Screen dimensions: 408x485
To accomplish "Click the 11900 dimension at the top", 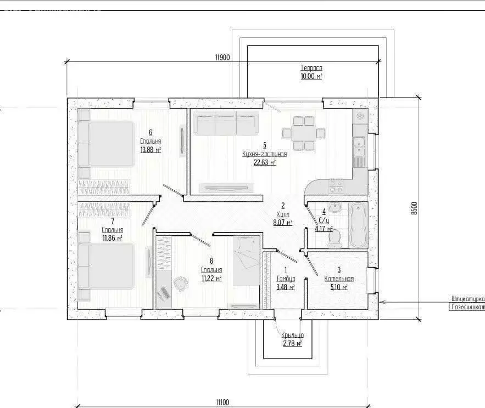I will (x=222, y=58).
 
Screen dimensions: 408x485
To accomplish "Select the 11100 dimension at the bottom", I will (x=222, y=403).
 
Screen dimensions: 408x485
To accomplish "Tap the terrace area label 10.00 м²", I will (x=311, y=76).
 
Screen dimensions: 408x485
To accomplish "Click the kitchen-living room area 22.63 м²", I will (x=264, y=162).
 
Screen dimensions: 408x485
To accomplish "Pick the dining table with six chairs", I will (x=299, y=133).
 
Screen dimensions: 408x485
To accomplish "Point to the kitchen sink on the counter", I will (x=359, y=147).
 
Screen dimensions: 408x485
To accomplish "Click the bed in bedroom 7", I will (x=107, y=266).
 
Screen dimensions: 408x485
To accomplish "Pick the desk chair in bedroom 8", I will (x=180, y=282).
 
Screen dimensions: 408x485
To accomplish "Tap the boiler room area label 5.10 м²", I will (x=339, y=287).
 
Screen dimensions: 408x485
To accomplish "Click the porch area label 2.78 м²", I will (x=292, y=344).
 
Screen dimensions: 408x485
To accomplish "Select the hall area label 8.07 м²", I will (x=282, y=223).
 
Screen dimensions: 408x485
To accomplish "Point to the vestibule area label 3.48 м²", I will (x=286, y=287).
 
